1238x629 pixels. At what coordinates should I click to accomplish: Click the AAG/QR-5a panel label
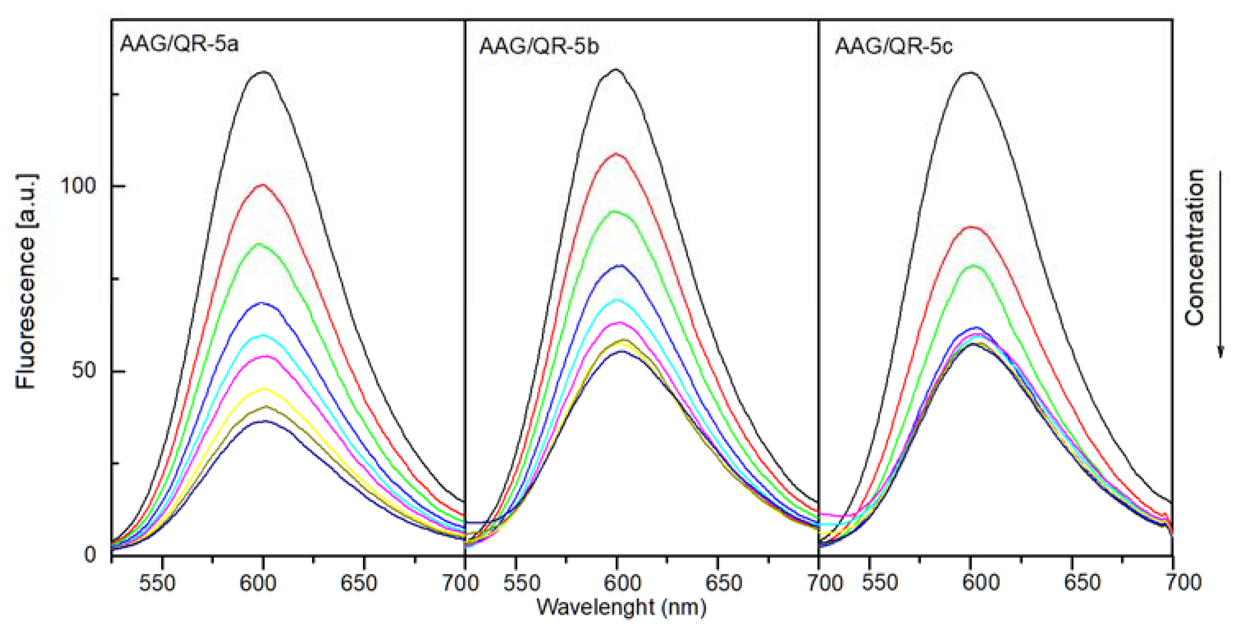pos(179,45)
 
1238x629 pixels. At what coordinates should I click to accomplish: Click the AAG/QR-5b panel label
pos(539,47)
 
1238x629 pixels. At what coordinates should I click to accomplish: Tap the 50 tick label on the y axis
pos(85,371)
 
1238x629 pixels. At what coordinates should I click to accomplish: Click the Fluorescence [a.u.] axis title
pos(26,281)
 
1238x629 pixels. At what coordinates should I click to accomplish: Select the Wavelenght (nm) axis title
pos(621,607)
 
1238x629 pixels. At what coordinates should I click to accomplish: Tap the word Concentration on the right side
pos(1194,248)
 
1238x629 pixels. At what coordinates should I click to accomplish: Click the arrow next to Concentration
pos(1221,264)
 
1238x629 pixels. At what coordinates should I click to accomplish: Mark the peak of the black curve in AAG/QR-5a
pos(263,72)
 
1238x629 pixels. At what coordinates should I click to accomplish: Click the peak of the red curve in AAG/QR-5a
pos(262,185)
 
